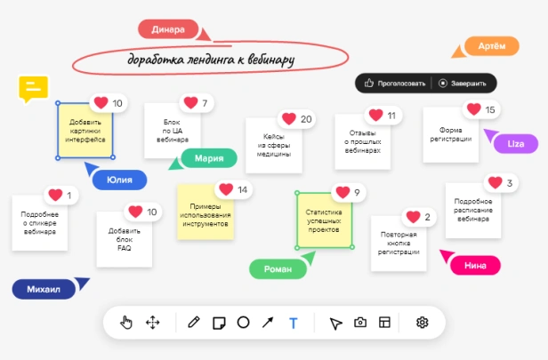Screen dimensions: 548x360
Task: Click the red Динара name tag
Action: click(168, 29)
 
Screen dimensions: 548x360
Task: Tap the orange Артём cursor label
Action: click(492, 45)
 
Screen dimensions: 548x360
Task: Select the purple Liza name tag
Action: click(516, 143)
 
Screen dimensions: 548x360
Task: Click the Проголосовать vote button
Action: click(395, 84)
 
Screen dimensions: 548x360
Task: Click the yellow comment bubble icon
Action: click(33, 88)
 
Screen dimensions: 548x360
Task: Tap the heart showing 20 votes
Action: click(289, 119)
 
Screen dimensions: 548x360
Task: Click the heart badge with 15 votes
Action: click(473, 109)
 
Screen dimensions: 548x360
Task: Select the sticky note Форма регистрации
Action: click(451, 135)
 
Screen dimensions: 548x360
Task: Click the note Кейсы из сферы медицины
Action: click(274, 145)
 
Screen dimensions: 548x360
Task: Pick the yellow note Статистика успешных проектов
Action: click(325, 220)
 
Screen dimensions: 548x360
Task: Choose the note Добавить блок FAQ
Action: click(125, 239)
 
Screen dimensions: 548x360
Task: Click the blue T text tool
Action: click(294, 323)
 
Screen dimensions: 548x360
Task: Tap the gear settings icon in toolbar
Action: click(423, 323)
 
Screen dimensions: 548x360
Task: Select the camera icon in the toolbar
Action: click(360, 322)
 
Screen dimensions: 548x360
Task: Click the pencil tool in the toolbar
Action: click(194, 322)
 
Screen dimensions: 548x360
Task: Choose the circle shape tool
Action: click(243, 323)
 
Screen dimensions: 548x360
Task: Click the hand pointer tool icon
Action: click(126, 323)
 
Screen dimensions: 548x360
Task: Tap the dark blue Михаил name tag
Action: click(44, 289)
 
